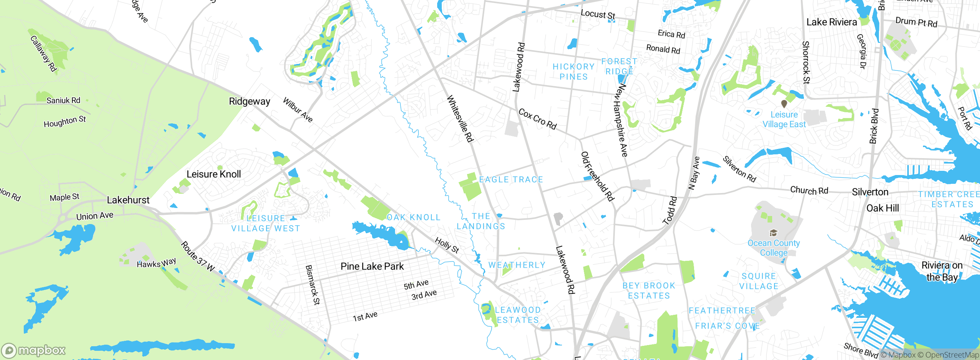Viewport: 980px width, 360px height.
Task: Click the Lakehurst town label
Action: (128, 200)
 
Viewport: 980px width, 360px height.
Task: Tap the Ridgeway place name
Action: (249, 101)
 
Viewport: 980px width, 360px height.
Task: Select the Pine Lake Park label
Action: (372, 266)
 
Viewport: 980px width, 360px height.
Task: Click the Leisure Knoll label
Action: (214, 174)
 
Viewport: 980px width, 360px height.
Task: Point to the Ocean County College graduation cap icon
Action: (773, 233)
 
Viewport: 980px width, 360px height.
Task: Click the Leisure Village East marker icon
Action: (784, 104)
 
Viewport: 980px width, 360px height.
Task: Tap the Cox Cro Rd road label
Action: (537, 119)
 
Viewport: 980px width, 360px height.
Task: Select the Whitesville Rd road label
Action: (460, 119)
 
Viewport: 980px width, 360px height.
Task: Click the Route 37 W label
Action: (198, 257)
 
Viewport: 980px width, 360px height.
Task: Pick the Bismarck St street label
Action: (312, 285)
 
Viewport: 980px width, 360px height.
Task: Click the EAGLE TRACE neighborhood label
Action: (511, 180)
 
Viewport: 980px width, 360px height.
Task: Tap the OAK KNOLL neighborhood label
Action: (413, 218)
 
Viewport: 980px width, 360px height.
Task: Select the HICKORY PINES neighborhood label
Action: (573, 72)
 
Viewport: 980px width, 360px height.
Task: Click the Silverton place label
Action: (870, 192)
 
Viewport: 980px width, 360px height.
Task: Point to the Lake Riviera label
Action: (831, 22)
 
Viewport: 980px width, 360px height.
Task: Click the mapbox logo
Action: (34, 350)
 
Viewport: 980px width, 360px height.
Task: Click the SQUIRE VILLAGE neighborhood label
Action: (759, 281)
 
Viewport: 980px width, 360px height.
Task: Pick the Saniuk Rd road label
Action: (63, 100)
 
